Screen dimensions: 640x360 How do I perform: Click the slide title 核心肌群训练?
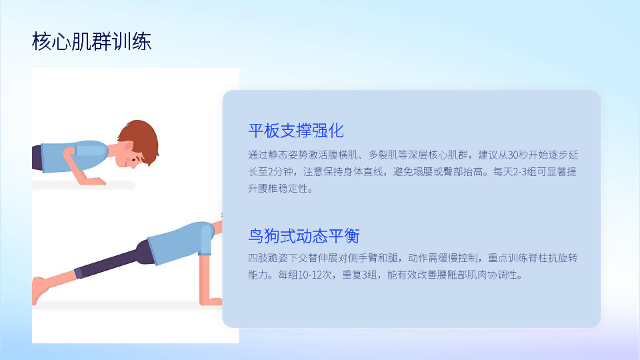[x=91, y=41]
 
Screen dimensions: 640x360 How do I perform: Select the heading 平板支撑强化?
[x=296, y=131]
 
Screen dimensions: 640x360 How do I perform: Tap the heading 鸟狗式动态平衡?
[x=304, y=236]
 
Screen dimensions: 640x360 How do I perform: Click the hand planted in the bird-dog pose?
[x=211, y=301]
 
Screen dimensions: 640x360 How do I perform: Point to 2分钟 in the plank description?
[x=281, y=172]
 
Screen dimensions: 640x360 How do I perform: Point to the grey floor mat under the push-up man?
[x=83, y=185]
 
